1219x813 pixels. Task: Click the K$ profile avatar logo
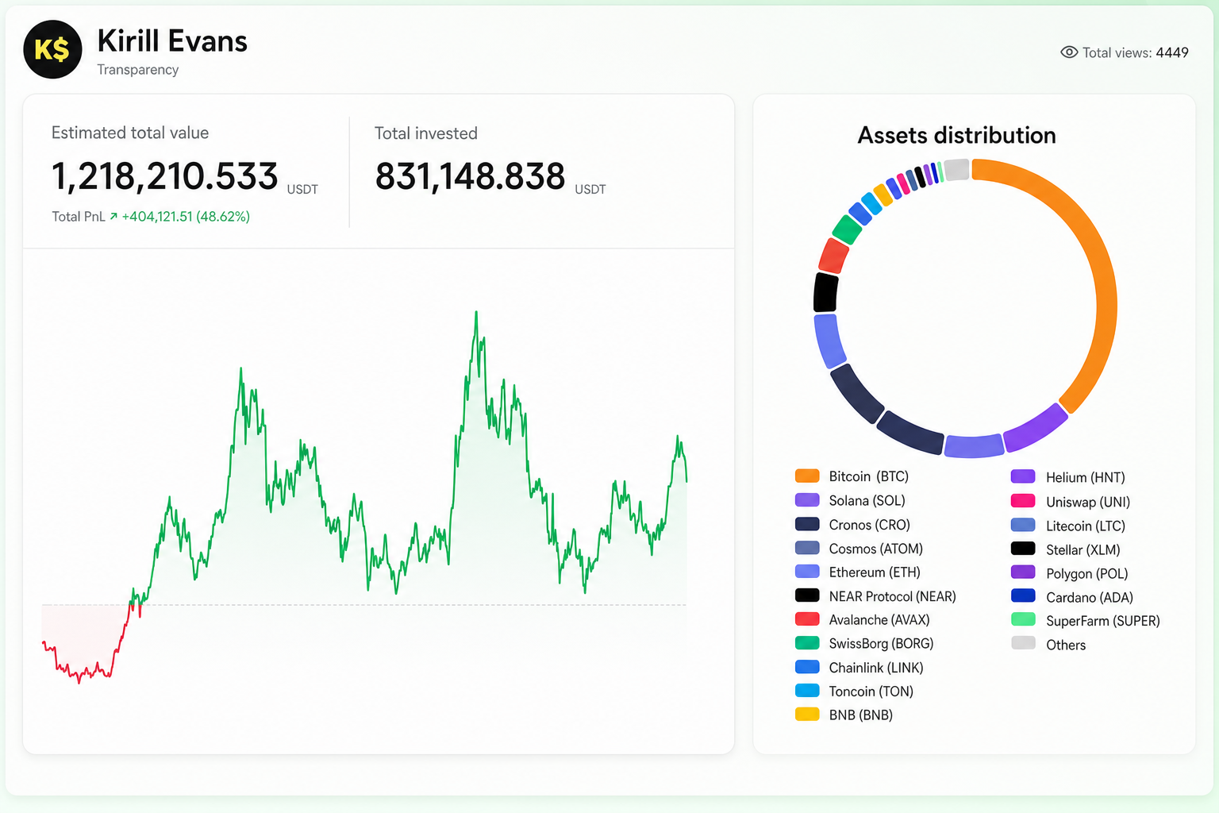coord(53,49)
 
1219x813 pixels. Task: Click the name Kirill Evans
coord(172,40)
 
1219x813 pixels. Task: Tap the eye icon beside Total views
coord(1069,52)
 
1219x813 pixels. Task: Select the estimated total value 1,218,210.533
coord(164,176)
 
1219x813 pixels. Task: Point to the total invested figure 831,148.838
coord(470,176)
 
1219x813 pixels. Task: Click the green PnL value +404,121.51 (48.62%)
coord(186,217)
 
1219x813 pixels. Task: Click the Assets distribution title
coord(956,135)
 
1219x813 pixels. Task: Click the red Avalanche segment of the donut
coord(833,256)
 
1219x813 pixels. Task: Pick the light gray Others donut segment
coord(956,169)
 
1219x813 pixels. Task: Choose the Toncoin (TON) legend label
coord(871,691)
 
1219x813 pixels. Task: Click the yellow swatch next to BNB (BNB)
coord(807,715)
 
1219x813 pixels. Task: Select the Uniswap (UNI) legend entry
coord(1071,502)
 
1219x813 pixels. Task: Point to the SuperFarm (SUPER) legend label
coord(1103,621)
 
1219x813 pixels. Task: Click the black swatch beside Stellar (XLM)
coord(1023,549)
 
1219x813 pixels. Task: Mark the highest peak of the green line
coord(476,312)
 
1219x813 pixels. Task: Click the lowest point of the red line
coord(79,683)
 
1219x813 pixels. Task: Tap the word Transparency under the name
coord(137,70)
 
